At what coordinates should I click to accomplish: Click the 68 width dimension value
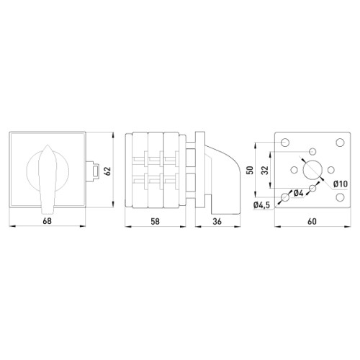(47, 221)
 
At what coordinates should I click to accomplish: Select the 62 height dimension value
(108, 171)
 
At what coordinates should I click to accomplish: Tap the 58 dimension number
(155, 221)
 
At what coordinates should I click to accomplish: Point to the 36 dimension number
(217, 221)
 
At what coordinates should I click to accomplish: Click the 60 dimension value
(312, 221)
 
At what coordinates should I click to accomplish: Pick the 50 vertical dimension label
(250, 170)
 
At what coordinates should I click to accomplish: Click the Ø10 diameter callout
(341, 184)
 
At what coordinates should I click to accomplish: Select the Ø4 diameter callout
(299, 193)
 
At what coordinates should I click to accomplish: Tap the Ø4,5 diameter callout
(261, 205)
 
